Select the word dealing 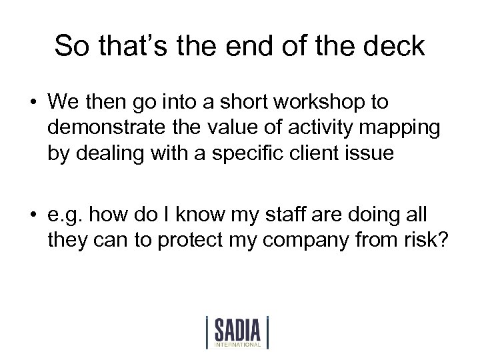(x=109, y=151)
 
